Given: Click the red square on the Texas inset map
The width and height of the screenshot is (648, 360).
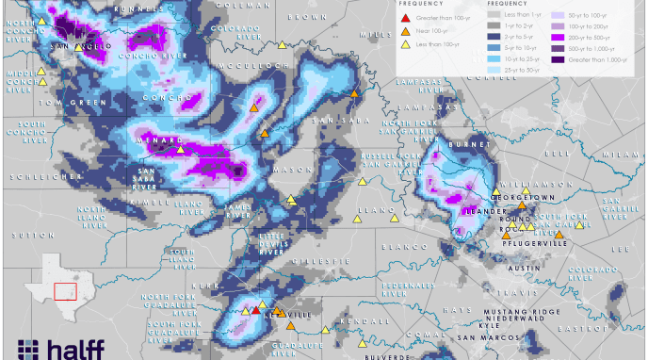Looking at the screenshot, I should (65, 291).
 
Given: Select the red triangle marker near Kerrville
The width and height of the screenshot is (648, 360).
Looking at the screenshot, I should (255, 310).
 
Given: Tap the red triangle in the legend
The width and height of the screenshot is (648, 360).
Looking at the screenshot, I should (405, 18).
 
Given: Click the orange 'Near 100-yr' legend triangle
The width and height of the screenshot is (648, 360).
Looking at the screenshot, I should (405, 31).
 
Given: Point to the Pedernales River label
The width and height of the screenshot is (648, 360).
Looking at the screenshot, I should (406, 287).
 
